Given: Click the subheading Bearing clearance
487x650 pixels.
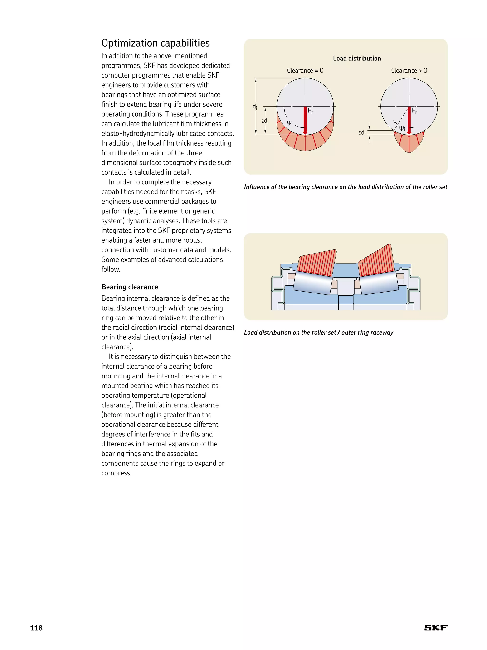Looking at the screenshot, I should click(130, 287).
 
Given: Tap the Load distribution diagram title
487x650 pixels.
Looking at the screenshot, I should click(357, 59).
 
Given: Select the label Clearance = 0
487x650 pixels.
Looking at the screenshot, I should click(305, 71).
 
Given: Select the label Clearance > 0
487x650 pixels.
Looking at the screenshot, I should click(409, 71).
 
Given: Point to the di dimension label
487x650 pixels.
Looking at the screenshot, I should click(255, 107).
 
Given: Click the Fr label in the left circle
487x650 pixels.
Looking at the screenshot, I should click(310, 111).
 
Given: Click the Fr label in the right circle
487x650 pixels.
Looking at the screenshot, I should click(414, 111).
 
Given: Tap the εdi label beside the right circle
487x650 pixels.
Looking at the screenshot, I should click(362, 133).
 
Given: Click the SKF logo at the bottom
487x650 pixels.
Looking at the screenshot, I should click(436, 628).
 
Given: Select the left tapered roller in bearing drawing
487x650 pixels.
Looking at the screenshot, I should click(313, 283).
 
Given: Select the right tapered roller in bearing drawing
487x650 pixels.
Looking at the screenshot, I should click(379, 283).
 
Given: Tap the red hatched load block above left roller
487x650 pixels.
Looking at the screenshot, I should click(317, 262).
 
